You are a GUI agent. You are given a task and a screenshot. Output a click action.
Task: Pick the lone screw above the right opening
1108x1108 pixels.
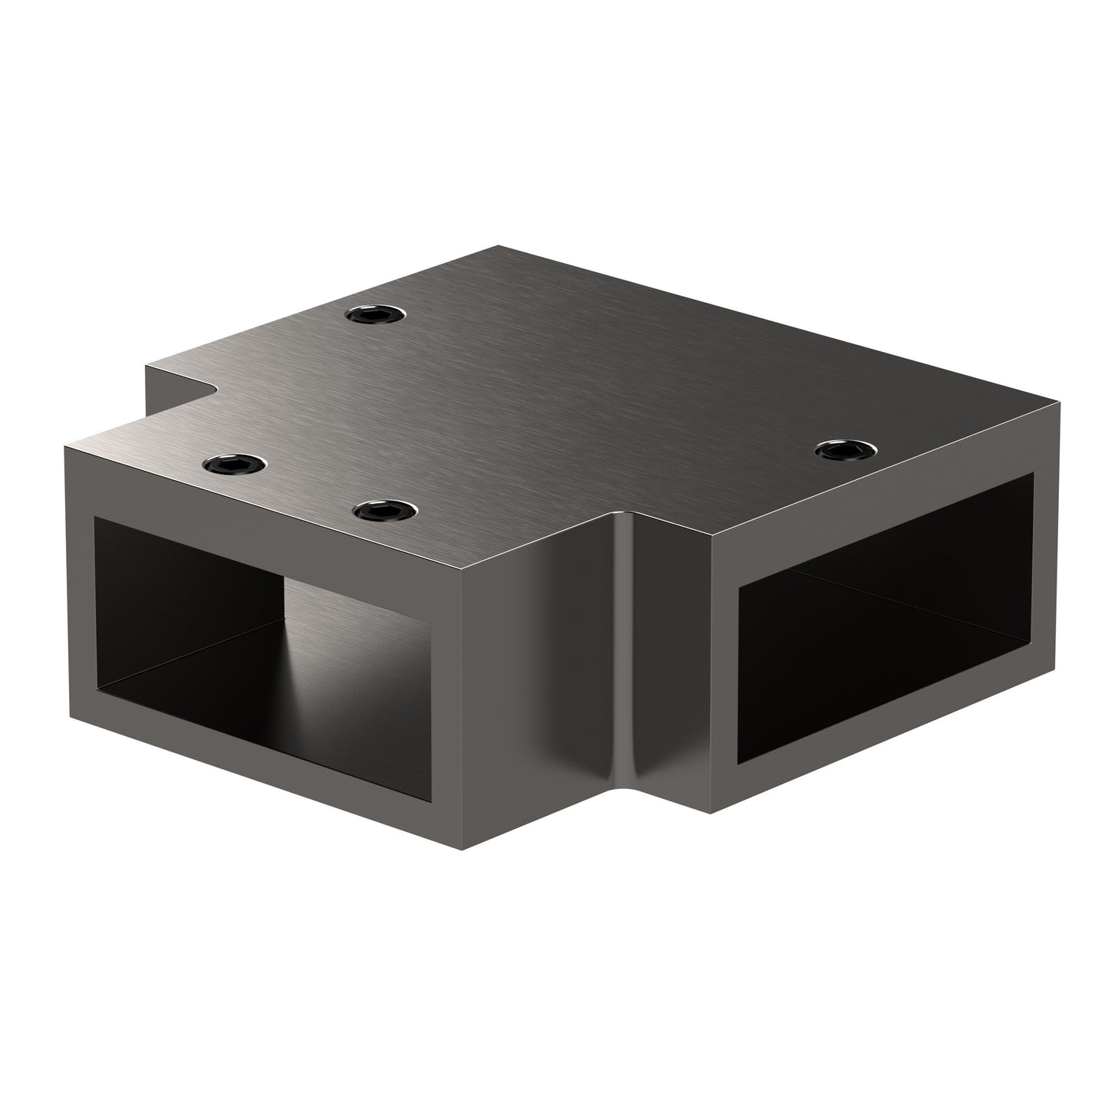click(845, 449)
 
